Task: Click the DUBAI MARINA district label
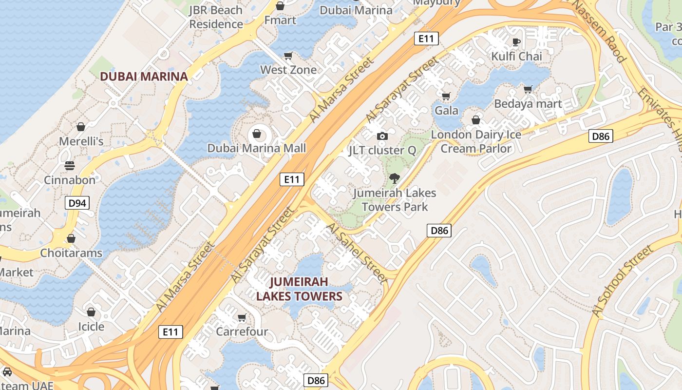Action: (144, 77)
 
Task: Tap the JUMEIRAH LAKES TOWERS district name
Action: (299, 289)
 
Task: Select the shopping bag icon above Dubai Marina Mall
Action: (257, 133)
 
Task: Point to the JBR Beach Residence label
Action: (216, 17)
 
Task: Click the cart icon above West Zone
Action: (288, 56)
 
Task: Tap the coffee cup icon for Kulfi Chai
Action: (516, 42)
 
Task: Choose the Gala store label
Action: (446, 110)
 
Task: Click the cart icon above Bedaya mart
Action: (528, 89)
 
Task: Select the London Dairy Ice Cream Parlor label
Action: (476, 141)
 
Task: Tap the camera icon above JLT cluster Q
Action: (382, 136)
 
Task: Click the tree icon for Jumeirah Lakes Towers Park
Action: (395, 178)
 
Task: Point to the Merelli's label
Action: (81, 141)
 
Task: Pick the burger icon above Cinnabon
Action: (69, 166)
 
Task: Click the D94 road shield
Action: (77, 203)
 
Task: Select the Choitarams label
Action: (71, 253)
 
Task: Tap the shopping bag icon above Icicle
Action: (91, 312)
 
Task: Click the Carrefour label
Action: (242, 332)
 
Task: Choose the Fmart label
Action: (280, 20)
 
